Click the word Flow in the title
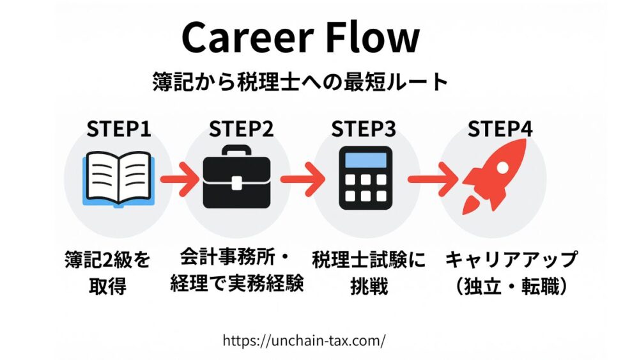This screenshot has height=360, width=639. coord(378,38)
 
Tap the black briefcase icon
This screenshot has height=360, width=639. coord(241,176)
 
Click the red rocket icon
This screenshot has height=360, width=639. coord(495,176)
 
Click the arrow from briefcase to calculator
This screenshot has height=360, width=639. coord(300,178)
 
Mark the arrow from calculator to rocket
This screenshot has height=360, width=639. coord(429,178)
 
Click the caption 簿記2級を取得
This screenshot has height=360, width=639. coord(108,273)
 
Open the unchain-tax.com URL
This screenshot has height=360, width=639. coord(304,340)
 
